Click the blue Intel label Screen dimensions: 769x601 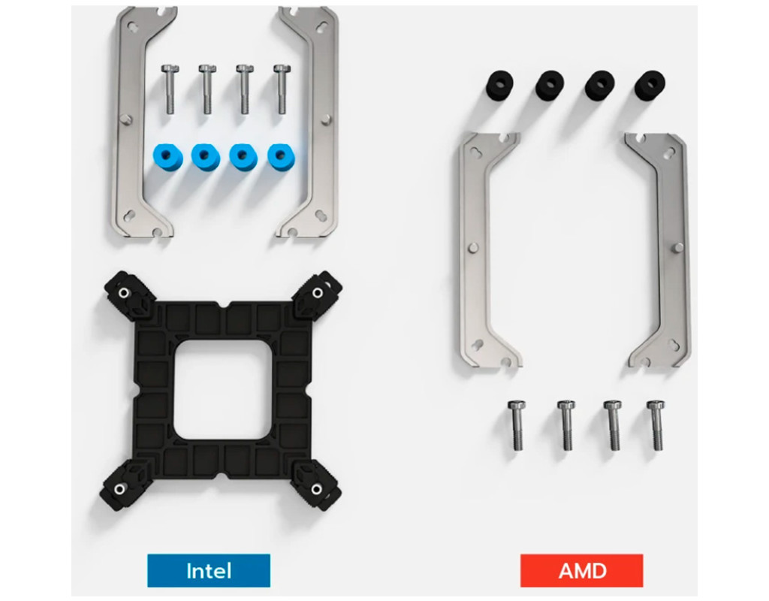(x=209, y=570)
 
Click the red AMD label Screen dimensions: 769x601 (x=582, y=570)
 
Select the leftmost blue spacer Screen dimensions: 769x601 (x=167, y=157)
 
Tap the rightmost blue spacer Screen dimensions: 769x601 (x=281, y=157)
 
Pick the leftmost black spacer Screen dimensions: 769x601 (x=499, y=84)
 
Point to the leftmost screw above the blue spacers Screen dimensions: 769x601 (x=170, y=89)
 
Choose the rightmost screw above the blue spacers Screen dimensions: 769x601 (x=282, y=89)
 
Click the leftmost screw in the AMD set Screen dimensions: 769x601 (x=517, y=426)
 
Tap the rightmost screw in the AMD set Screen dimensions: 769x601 (x=656, y=425)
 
